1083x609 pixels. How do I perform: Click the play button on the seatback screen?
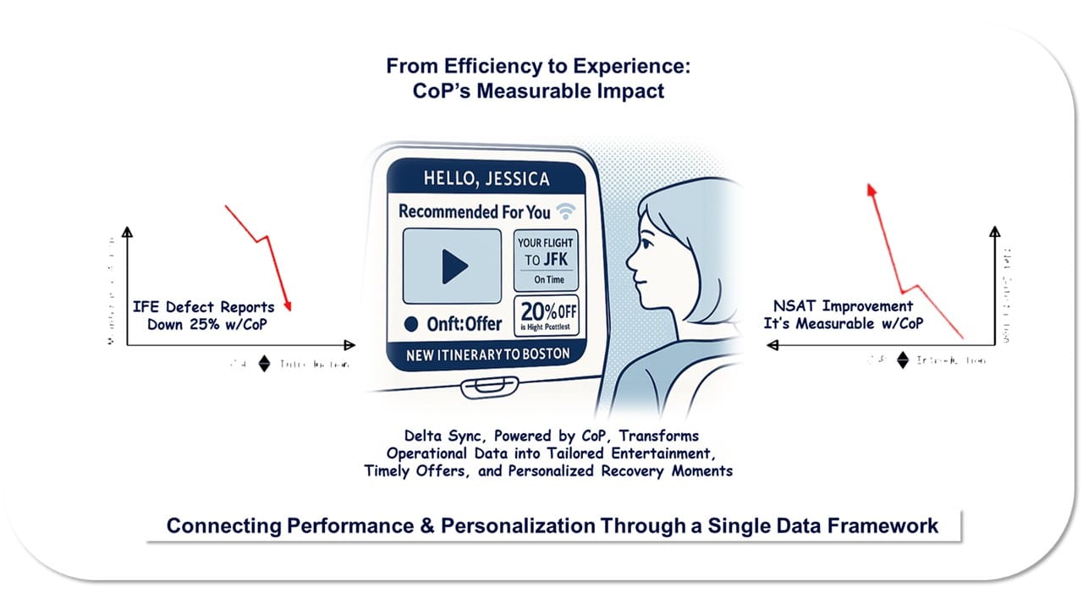pos(451,266)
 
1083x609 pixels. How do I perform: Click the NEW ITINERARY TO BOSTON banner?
pos(487,354)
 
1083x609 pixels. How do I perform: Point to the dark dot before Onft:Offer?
pos(411,323)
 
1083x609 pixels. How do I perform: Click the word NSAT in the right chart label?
pos(794,306)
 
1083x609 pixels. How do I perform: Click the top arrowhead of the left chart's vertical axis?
pos(127,233)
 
